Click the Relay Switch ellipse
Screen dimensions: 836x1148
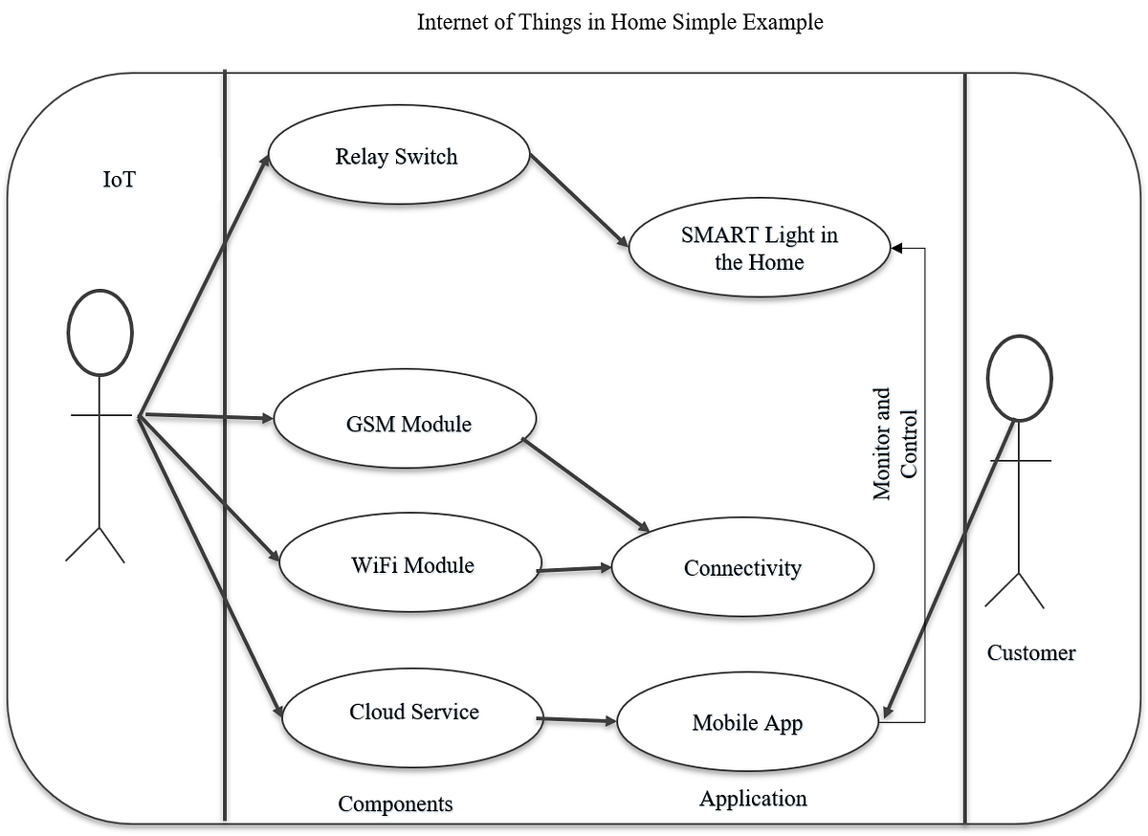(397, 157)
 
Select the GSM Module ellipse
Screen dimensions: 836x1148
(405, 423)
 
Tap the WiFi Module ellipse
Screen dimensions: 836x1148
(411, 564)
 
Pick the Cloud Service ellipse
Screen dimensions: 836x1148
(413, 712)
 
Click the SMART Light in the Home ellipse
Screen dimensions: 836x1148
(760, 248)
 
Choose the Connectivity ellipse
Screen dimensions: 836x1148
(742, 568)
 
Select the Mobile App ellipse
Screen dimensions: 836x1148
(747, 723)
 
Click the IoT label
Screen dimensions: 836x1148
(119, 180)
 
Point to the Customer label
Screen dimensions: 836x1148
(1031, 653)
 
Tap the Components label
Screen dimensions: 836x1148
(395, 803)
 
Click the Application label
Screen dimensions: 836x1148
(753, 798)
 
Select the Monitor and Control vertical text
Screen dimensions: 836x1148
(895, 444)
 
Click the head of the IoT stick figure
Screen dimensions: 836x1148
(99, 332)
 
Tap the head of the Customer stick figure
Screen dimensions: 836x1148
(1020, 378)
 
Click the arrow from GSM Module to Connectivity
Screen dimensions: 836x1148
(586, 487)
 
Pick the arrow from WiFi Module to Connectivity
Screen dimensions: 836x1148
(574, 569)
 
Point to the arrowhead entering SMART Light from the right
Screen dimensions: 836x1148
(897, 249)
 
